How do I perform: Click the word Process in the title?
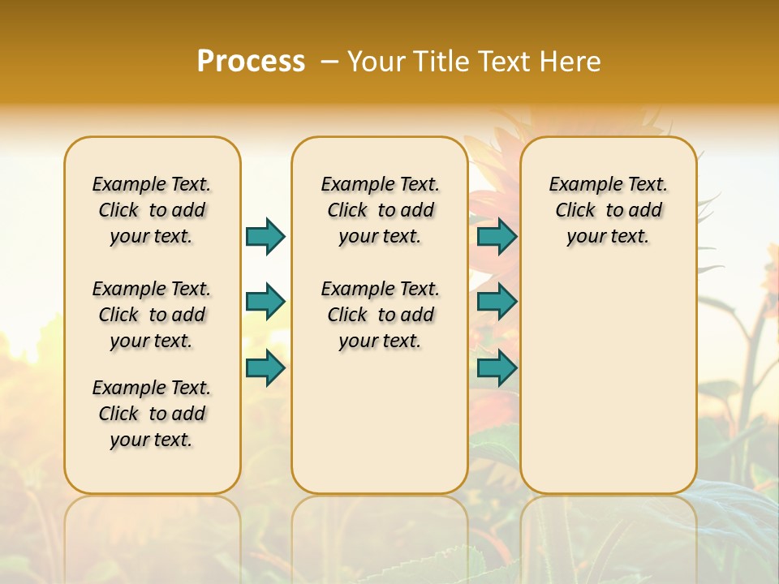point(251,61)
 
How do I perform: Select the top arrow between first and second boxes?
point(265,236)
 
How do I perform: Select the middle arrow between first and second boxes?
point(265,302)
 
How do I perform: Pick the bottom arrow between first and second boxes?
point(265,367)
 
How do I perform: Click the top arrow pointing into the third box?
point(497,236)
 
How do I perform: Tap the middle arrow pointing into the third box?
point(497,302)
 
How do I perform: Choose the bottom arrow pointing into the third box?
point(497,367)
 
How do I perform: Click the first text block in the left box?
point(152,210)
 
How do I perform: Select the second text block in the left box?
point(152,315)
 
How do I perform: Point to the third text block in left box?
point(152,414)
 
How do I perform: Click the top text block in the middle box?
point(380,210)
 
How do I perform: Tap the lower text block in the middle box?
point(380,315)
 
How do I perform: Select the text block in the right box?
point(608,210)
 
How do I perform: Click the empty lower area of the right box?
point(608,381)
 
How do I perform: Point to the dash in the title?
point(329,62)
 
